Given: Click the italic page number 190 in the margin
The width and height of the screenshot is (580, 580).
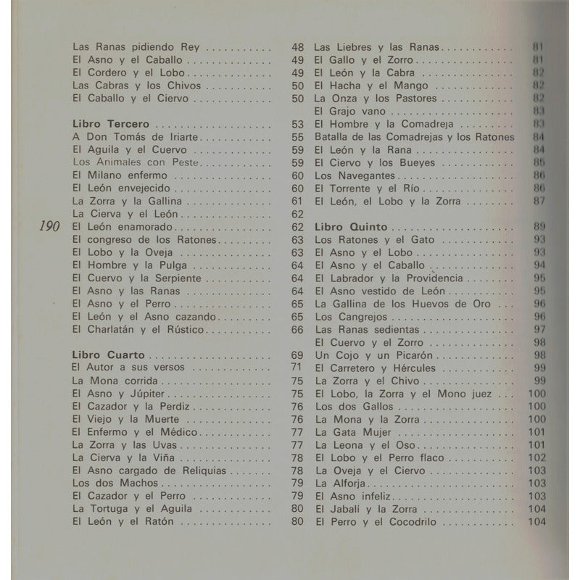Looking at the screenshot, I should (x=52, y=227).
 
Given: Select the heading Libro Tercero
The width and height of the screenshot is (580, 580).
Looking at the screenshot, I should (x=111, y=124).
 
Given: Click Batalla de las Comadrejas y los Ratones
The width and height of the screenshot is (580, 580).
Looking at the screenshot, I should (x=414, y=137).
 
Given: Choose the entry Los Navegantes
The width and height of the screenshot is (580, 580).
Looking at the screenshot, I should (x=355, y=175).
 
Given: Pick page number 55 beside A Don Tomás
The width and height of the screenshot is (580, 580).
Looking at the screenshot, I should (x=297, y=137).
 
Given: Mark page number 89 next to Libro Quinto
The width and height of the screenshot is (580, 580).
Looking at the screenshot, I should (x=539, y=226).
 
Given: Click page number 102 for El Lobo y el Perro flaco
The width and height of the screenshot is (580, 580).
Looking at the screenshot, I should (x=536, y=457).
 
